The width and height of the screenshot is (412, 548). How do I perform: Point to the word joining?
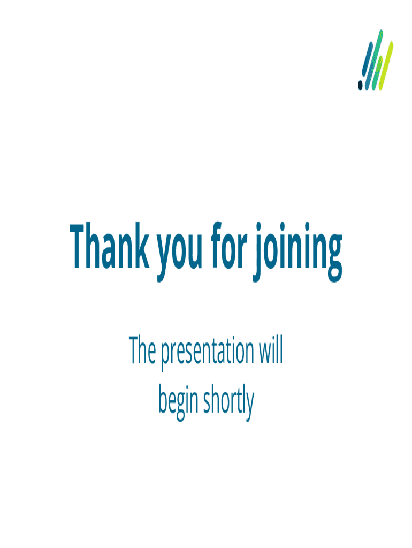pyautogui.click(x=297, y=252)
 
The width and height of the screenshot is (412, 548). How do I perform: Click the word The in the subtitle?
pyautogui.click(x=142, y=349)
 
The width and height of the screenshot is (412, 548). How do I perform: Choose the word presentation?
pyautogui.click(x=207, y=353)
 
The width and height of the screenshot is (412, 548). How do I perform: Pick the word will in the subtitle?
pyautogui.click(x=270, y=349)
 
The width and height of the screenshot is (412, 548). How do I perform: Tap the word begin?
pyautogui.click(x=178, y=402)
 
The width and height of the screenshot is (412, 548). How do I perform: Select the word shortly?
pyautogui.click(x=228, y=402)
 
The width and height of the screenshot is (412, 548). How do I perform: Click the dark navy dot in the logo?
pyautogui.click(x=360, y=85)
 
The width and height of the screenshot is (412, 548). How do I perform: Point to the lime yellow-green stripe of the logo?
pyautogui.click(x=386, y=66)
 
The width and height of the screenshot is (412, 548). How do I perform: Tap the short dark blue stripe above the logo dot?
pyautogui.click(x=367, y=59)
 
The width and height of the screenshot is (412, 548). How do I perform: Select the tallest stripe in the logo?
pyautogui.click(x=374, y=60)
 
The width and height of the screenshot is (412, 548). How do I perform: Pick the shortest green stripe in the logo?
pyautogui.click(x=377, y=73)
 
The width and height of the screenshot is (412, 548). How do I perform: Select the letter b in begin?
pyautogui.click(x=164, y=399)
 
